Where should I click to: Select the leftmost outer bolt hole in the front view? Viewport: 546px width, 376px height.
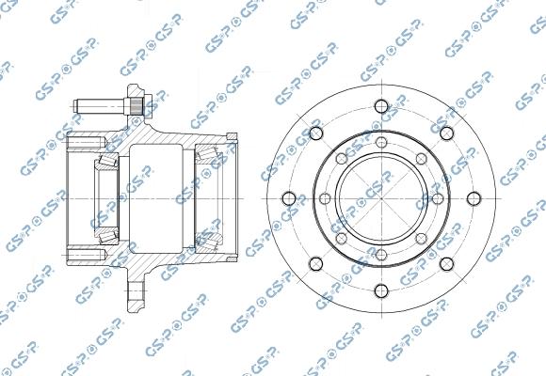(x=286, y=198)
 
